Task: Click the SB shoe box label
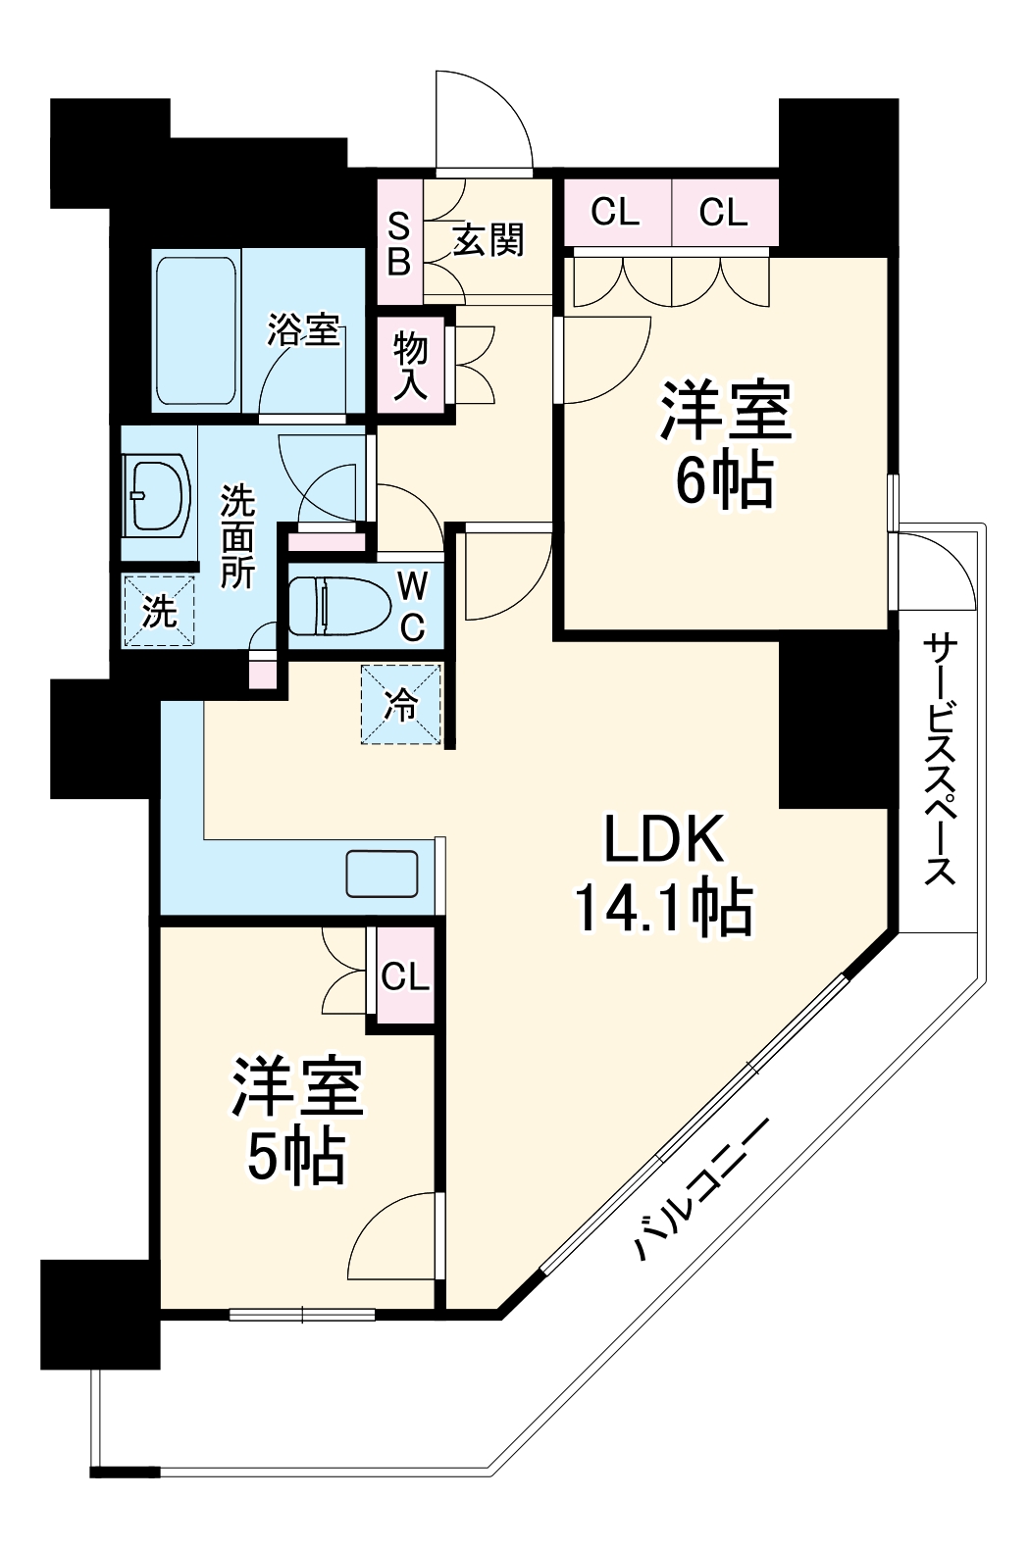[x=398, y=243]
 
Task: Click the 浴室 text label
[x=303, y=330]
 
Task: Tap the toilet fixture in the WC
[x=334, y=606]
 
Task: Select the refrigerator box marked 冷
[x=400, y=704]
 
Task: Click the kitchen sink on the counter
[x=382, y=874]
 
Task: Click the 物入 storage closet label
[x=411, y=365]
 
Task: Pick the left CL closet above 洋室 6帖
[x=616, y=212]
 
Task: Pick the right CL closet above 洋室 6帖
[x=724, y=212]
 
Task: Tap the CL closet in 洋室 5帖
[x=404, y=976]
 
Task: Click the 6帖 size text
[x=724, y=480]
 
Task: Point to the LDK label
[x=664, y=839]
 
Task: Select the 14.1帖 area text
[x=663, y=908]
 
